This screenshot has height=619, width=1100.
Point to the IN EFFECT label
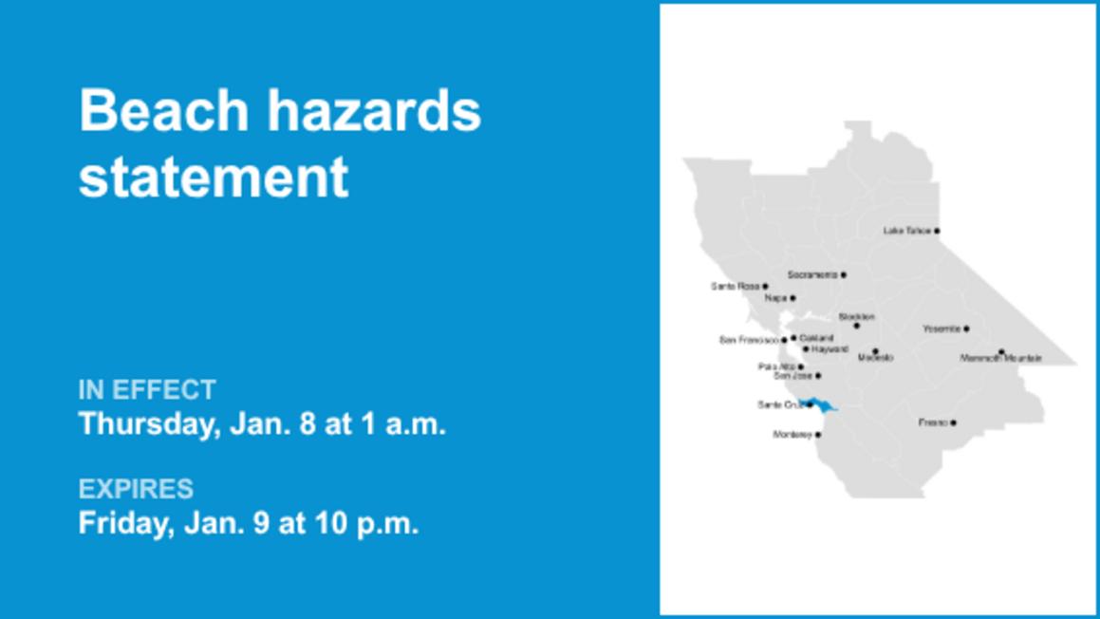pyautogui.click(x=147, y=389)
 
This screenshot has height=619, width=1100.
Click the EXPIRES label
pyautogui.click(x=136, y=489)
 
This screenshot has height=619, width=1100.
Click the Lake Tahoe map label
pyautogui.click(x=906, y=231)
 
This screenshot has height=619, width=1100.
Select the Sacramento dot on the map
pyautogui.click(x=843, y=275)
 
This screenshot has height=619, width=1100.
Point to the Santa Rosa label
pyautogui.click(x=735, y=286)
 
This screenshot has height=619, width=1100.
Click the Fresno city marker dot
pyautogui.click(x=953, y=422)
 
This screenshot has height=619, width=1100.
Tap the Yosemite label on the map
pyautogui.click(x=941, y=328)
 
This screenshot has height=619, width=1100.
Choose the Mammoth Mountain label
pyautogui.click(x=1000, y=358)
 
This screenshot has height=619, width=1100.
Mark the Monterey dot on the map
pyautogui.click(x=818, y=435)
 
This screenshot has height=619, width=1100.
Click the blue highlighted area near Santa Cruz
pyautogui.click(x=823, y=405)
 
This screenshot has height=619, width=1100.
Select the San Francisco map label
pyautogui.click(x=749, y=339)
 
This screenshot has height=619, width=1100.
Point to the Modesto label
pyautogui.click(x=875, y=358)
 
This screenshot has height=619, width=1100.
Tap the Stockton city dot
pyautogui.click(x=856, y=326)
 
